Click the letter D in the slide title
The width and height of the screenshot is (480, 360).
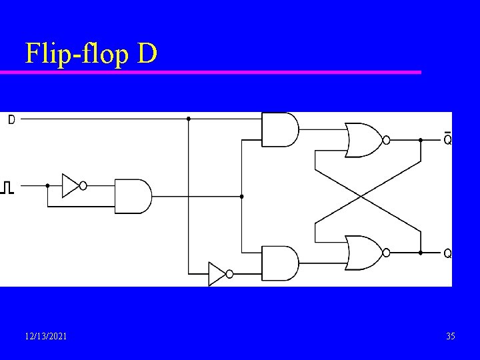(147, 53)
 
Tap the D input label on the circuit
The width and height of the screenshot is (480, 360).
(11, 120)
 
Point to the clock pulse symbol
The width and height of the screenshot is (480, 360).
(7, 187)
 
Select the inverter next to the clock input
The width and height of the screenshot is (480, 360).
(71, 185)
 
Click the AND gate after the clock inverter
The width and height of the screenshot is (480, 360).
(133, 196)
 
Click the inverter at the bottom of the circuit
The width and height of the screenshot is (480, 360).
(217, 273)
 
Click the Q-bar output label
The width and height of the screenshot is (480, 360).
(447, 139)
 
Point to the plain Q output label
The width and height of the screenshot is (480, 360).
(447, 253)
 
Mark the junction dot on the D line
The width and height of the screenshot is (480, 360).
(189, 119)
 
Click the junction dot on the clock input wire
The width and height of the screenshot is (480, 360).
(47, 185)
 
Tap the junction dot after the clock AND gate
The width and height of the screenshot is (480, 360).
(241, 196)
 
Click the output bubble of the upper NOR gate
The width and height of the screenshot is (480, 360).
(386, 140)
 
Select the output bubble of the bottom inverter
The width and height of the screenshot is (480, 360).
(229, 273)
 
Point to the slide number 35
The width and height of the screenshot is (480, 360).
(451, 336)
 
